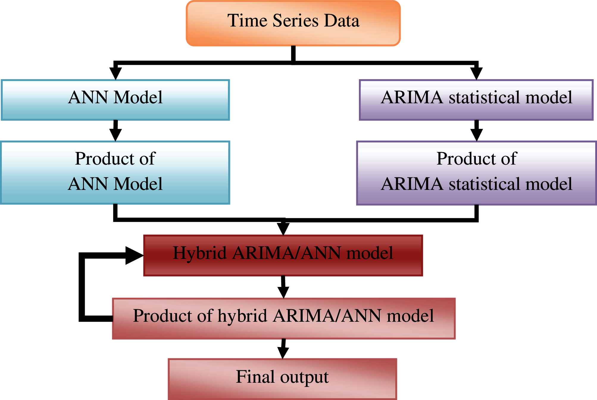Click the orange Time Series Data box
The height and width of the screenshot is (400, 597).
tap(293, 23)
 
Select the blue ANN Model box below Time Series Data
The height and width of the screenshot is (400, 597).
tap(115, 100)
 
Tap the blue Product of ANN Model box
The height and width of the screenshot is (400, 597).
tap(115, 173)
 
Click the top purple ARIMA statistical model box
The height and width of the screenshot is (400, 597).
tap(476, 100)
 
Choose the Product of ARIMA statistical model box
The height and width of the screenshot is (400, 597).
tap(476, 173)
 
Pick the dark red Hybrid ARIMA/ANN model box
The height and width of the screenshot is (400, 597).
tap(283, 256)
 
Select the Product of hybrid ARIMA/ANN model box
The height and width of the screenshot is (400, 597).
tap(284, 318)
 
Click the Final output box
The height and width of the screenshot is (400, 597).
tap(282, 379)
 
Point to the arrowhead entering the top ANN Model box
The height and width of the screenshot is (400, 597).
tap(115, 73)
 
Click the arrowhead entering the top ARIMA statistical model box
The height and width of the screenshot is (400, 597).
tap(476, 73)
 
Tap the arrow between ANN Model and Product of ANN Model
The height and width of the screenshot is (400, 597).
tap(115, 131)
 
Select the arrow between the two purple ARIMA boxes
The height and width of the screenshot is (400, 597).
tap(476, 131)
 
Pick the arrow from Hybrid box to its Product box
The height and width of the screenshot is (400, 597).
tap(283, 287)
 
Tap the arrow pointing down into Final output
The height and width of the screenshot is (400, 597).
tap(283, 349)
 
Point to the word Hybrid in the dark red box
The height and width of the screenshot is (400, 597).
tap(200, 253)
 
